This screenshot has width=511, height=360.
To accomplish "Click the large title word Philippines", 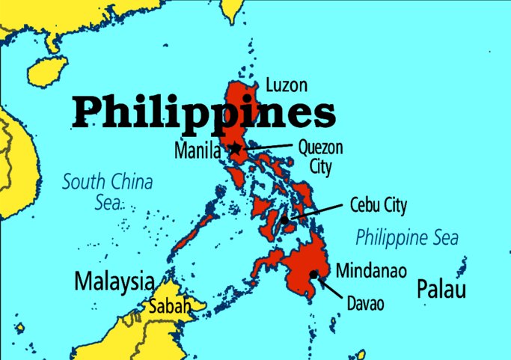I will pyautogui.click(x=204, y=112).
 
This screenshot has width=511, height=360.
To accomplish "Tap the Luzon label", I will pyautogui.click(x=287, y=85).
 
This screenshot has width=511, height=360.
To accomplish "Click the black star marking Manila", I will pyautogui.click(x=236, y=149).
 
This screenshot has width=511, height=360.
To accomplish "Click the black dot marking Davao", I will pyautogui.click(x=313, y=274).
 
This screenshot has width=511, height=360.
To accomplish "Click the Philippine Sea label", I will pyautogui.click(x=406, y=238).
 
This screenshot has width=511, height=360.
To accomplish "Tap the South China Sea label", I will pyautogui.click(x=107, y=191).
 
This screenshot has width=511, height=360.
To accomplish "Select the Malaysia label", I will pyautogui.click(x=114, y=281).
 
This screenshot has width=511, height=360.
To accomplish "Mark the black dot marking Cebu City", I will pyautogui.click(x=287, y=219).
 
